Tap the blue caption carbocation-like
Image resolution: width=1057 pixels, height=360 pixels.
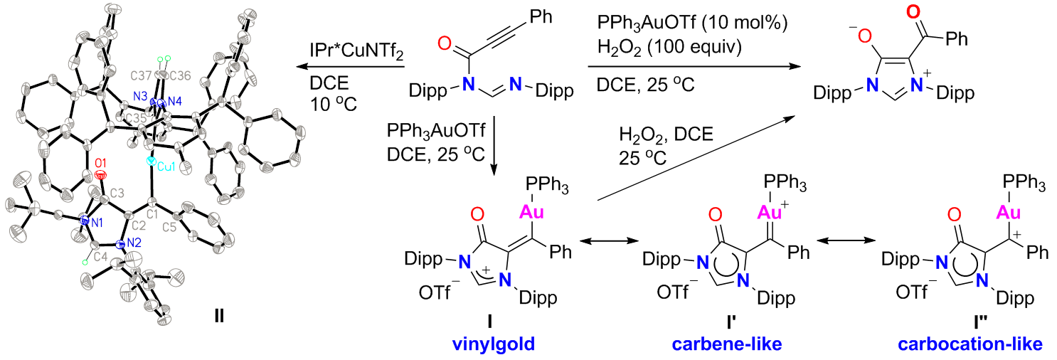click(970, 344)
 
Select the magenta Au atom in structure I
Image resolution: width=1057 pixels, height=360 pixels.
click(531, 211)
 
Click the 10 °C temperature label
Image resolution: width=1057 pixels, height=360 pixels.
click(334, 104)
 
